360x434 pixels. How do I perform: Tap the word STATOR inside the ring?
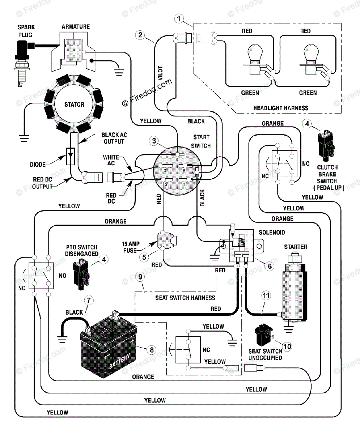point(74,105)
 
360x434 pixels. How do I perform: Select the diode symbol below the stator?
point(71,156)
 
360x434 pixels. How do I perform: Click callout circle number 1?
point(179,19)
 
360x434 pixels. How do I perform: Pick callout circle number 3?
point(154,141)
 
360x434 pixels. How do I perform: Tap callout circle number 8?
point(152,350)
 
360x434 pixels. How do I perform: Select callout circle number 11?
point(266,295)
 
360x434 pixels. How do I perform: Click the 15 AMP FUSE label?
point(131,247)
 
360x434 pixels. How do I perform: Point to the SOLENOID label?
point(272,233)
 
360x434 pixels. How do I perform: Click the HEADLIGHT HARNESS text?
point(281,108)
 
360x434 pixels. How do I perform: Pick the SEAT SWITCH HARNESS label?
point(185,298)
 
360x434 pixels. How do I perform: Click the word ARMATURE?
point(76,27)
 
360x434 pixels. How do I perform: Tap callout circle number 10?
point(287,346)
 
